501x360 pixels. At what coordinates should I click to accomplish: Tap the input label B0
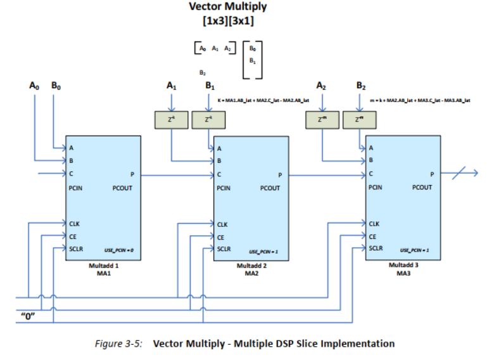click(x=56, y=84)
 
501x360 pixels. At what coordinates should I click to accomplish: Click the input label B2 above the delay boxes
click(x=360, y=84)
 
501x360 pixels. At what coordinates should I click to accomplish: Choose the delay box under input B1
click(x=204, y=119)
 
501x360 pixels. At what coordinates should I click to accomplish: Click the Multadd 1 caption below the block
click(x=102, y=266)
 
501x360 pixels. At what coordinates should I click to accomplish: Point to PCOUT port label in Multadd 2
click(x=271, y=188)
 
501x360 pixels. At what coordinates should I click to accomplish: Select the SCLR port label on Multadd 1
click(x=76, y=249)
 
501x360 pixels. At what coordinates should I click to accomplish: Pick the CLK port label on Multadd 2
click(x=222, y=224)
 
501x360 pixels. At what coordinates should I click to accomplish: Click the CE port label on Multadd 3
click(x=373, y=236)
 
